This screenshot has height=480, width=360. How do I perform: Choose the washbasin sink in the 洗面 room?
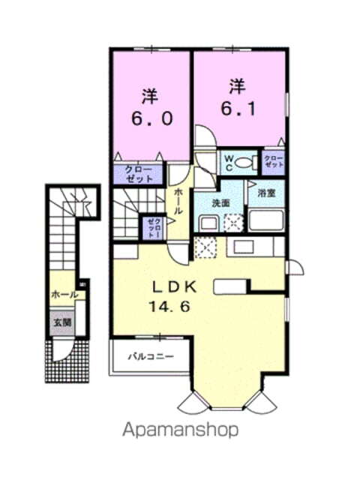(208, 223)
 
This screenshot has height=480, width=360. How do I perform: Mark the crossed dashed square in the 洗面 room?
(234, 223)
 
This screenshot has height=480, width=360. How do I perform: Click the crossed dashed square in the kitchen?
(205, 247)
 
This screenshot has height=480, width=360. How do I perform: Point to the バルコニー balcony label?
(150, 356)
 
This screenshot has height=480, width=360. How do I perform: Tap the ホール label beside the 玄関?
(64, 295)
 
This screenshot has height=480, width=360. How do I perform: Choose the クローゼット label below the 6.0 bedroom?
(139, 175)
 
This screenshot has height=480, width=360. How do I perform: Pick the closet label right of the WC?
(272, 161)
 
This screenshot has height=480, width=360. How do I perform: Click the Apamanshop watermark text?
(180, 430)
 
